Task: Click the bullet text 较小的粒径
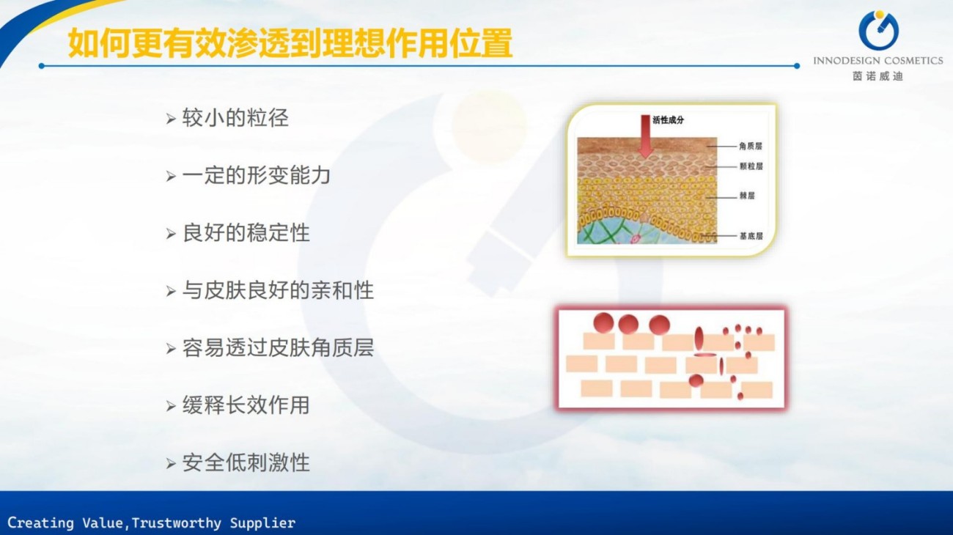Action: [235, 118]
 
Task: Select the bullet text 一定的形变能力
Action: [257, 175]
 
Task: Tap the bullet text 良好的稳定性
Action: [246, 232]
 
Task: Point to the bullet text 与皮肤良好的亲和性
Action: [278, 290]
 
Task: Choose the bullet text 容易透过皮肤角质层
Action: [278, 347]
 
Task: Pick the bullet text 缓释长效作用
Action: [246, 405]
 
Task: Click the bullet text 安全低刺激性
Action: [246, 462]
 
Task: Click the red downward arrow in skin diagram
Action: [646, 136]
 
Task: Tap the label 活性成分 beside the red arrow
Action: [668, 120]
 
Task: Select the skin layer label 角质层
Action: [751, 147]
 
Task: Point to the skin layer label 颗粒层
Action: [751, 166]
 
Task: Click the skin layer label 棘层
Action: [747, 196]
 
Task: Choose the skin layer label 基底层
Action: [751, 236]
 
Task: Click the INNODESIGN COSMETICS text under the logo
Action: [878, 61]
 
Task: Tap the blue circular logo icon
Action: [878, 31]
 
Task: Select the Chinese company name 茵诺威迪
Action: [877, 76]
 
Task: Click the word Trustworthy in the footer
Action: [176, 523]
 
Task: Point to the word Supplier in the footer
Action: [262, 523]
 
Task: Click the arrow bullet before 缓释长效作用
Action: [171, 406]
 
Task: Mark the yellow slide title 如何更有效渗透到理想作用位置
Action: [290, 43]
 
